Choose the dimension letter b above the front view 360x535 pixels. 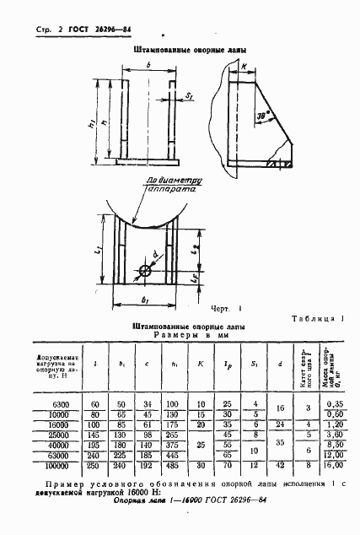point(148,65)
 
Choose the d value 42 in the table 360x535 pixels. point(277,464)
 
